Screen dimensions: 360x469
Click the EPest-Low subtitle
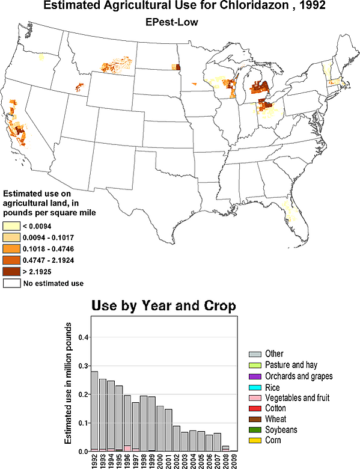click(x=172, y=22)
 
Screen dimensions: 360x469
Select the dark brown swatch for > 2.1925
click(x=11, y=272)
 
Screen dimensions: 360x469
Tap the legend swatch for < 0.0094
click(x=11, y=226)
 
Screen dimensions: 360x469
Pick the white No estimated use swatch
click(x=11, y=283)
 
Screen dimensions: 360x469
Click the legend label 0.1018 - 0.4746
click(x=49, y=249)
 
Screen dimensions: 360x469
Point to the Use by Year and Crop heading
click(x=163, y=305)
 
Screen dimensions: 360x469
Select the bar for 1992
click(x=94, y=411)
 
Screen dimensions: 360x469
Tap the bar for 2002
click(x=176, y=438)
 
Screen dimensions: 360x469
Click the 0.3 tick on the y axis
click(x=84, y=366)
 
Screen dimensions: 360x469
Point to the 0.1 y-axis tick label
click(x=84, y=423)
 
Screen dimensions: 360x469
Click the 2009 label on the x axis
click(x=234, y=461)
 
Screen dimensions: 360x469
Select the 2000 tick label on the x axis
click(x=160, y=461)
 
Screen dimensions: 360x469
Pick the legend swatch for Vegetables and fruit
click(x=255, y=398)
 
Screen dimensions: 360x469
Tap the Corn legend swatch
click(x=255, y=441)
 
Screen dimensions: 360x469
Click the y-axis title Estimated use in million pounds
click(x=68, y=384)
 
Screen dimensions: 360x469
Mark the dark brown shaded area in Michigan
click(x=259, y=87)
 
